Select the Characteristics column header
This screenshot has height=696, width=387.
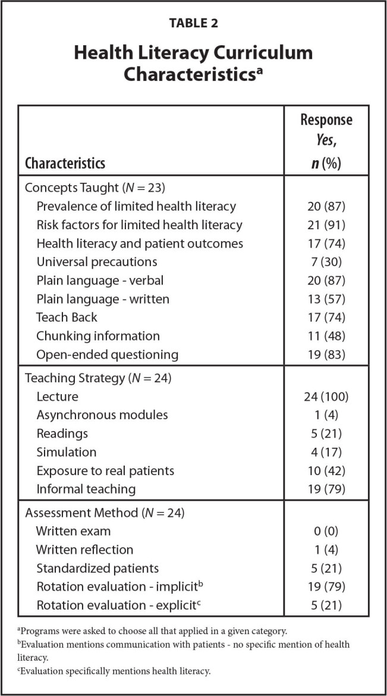[x=65, y=163]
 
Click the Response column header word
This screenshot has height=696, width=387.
[x=326, y=120]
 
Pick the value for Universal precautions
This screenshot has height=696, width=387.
[x=325, y=261]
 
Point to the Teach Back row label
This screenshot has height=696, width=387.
[x=67, y=317]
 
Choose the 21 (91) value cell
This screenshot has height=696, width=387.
[x=325, y=224]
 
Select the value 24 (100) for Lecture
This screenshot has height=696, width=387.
[x=325, y=397]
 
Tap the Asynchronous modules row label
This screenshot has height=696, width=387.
[x=102, y=415]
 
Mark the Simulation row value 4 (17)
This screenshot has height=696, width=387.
[x=325, y=452]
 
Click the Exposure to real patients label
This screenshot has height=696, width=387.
[x=105, y=470]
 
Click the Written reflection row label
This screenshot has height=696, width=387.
[x=84, y=550]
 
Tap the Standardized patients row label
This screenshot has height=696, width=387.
[x=97, y=568]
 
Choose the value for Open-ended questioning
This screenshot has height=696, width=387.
[x=325, y=354]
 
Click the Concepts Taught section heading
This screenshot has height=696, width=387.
[x=94, y=188]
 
